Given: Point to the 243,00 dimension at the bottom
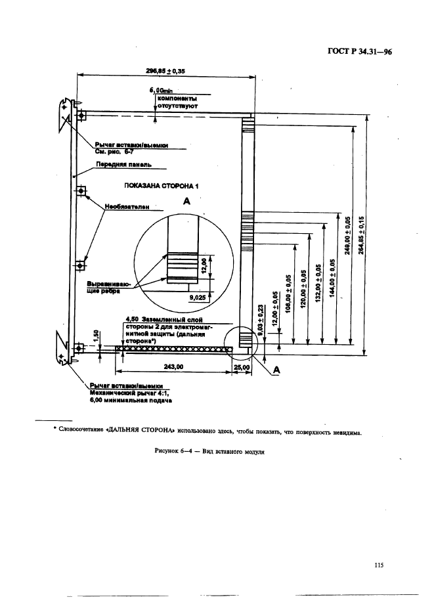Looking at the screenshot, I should tap(173, 367).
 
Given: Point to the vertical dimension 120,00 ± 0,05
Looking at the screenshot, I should tap(304, 288).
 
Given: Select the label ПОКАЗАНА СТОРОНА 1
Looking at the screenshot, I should tap(161, 186).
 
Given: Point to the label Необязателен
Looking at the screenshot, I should tap(122, 206).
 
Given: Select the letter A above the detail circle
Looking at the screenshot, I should tap(186, 203).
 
